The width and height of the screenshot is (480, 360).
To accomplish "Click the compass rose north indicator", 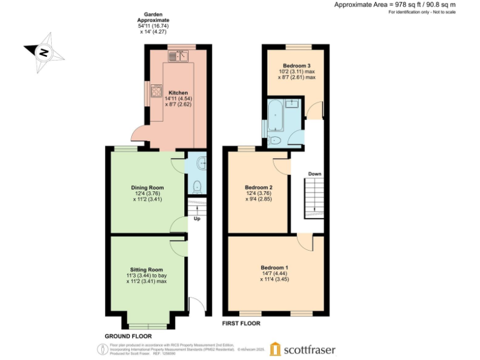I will click(x=41, y=52).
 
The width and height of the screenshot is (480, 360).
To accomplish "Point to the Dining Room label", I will click(x=147, y=187).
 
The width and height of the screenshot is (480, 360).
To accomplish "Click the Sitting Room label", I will click(x=147, y=269).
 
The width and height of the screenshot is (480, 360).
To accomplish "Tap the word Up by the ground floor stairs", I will click(x=196, y=219).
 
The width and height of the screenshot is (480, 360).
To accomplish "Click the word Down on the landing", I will click(x=314, y=174).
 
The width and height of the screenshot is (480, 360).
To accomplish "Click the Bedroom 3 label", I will click(x=296, y=66).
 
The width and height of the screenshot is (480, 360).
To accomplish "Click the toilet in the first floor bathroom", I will click(x=276, y=140).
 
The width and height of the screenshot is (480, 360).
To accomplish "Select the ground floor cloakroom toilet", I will click(x=198, y=185).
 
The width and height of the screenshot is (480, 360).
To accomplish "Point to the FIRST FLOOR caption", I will click(x=241, y=324).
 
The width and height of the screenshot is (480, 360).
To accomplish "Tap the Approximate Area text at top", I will click(x=404, y=4).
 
